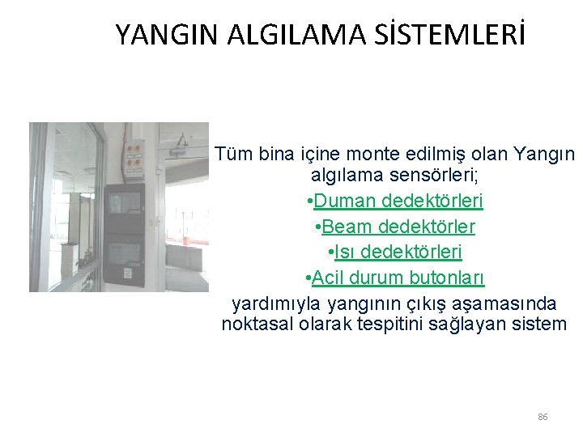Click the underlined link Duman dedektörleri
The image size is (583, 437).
coord(398,200)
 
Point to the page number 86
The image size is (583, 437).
coord(543,417)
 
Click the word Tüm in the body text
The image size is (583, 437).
coord(233,154)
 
